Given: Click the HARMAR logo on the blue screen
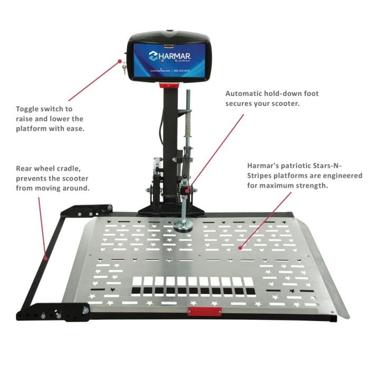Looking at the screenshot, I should [169, 56].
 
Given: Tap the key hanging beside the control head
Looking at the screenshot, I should [124, 69].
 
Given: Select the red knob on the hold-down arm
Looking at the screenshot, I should [185, 189].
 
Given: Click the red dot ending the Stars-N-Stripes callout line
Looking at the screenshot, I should [240, 246].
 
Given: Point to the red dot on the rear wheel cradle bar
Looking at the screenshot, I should [46, 257].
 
